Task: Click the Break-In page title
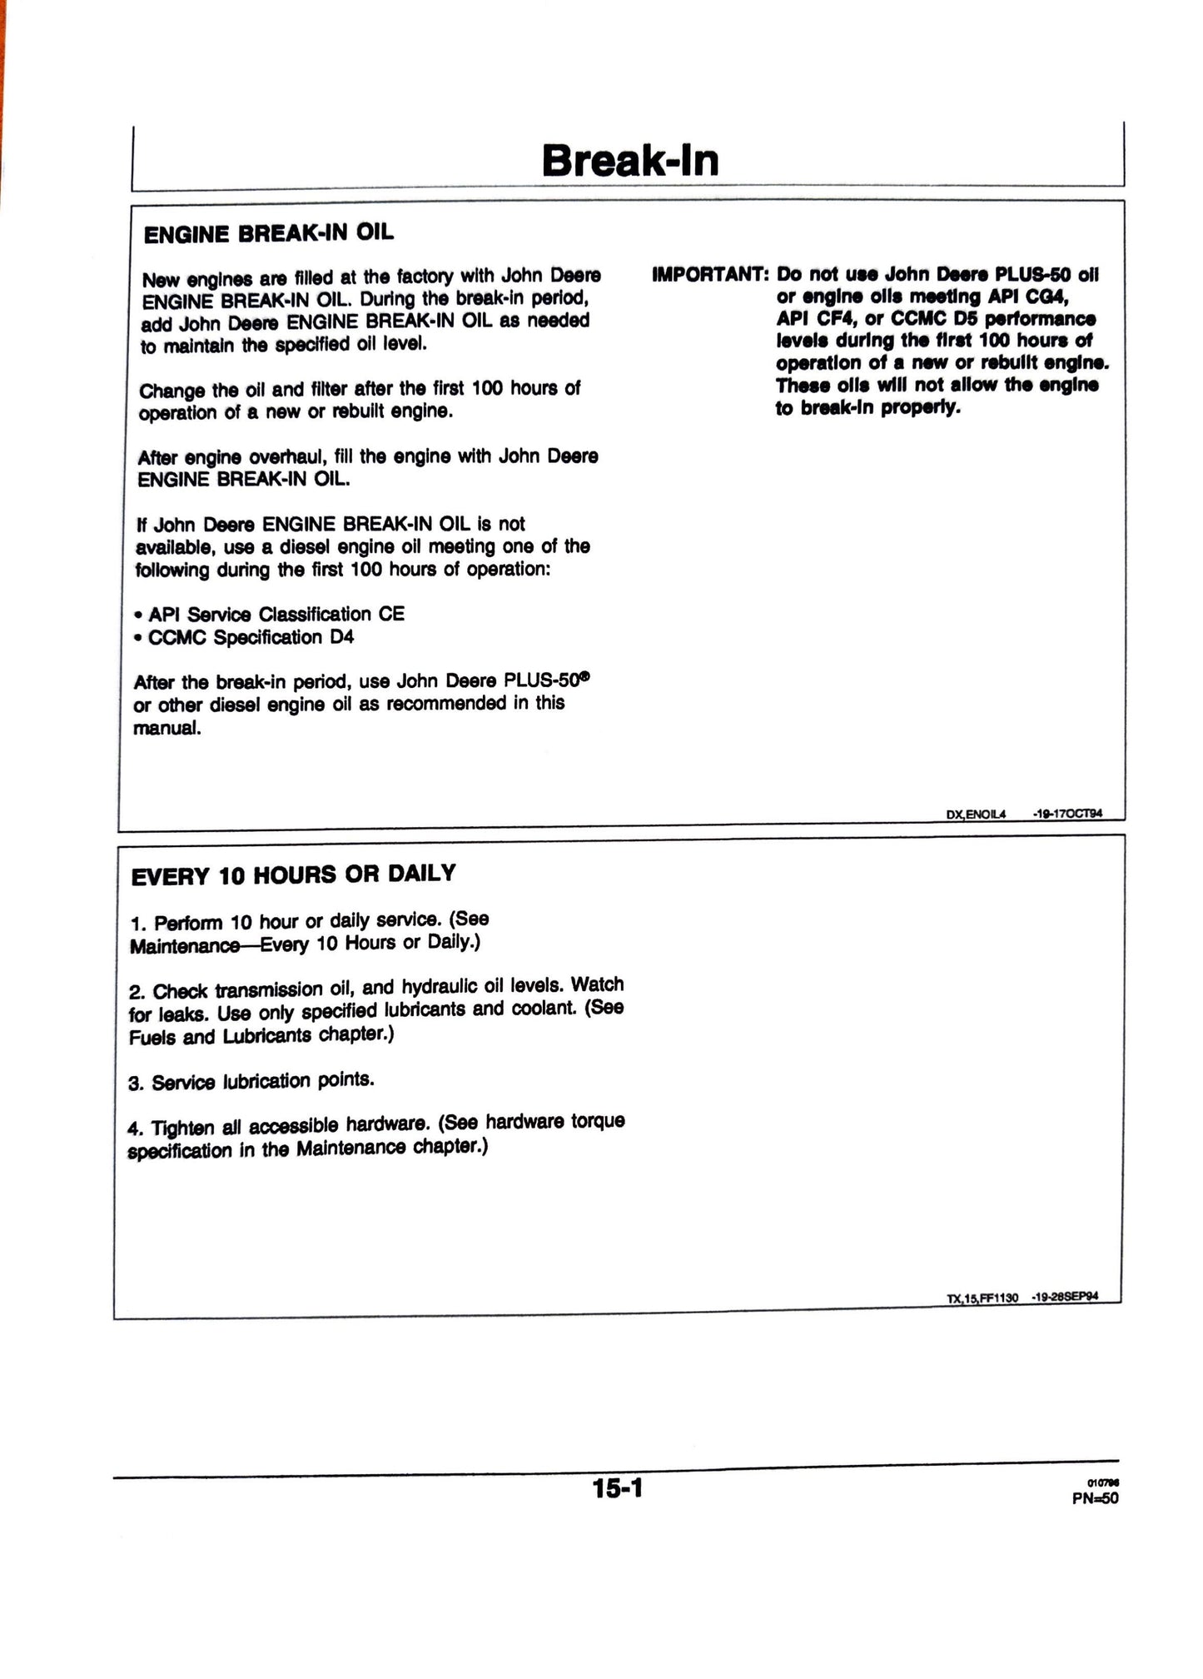tap(630, 161)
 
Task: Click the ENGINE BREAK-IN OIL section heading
tap(268, 233)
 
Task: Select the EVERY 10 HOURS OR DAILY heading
tap(294, 874)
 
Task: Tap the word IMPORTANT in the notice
tap(708, 275)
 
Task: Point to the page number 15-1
tap(618, 1487)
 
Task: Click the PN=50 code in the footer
tap(1096, 1498)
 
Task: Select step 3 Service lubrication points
tap(251, 1081)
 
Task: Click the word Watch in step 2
tap(597, 984)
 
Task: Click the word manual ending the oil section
tap(167, 729)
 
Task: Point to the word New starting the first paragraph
tap(160, 280)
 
